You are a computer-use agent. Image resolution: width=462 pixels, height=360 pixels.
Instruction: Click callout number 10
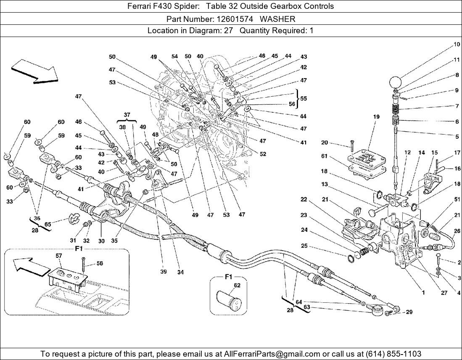[457, 44]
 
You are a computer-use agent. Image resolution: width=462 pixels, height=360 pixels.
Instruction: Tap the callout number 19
[376, 117]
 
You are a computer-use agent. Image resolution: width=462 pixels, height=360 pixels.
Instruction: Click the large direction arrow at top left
[34, 70]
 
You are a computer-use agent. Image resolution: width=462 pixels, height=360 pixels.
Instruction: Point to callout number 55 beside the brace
[304, 98]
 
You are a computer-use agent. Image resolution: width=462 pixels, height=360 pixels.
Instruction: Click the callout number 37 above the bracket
[127, 114]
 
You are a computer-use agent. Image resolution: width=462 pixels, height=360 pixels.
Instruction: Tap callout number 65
[48, 225]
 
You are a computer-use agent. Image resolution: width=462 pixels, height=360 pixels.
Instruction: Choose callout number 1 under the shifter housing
[423, 292]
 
